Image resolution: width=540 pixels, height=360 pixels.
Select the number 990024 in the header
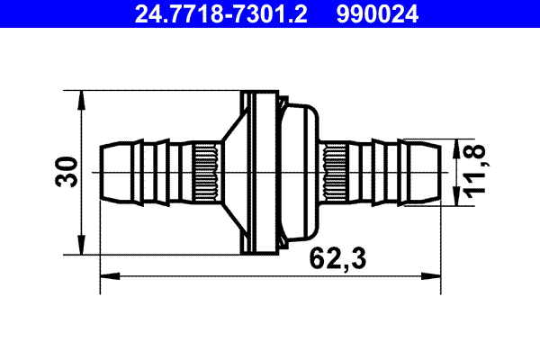tap(378, 14)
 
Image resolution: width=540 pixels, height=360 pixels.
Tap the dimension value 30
tap(66, 171)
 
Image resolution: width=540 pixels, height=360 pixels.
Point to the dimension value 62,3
tap(335, 259)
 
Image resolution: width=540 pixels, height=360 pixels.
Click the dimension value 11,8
tap(474, 171)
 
